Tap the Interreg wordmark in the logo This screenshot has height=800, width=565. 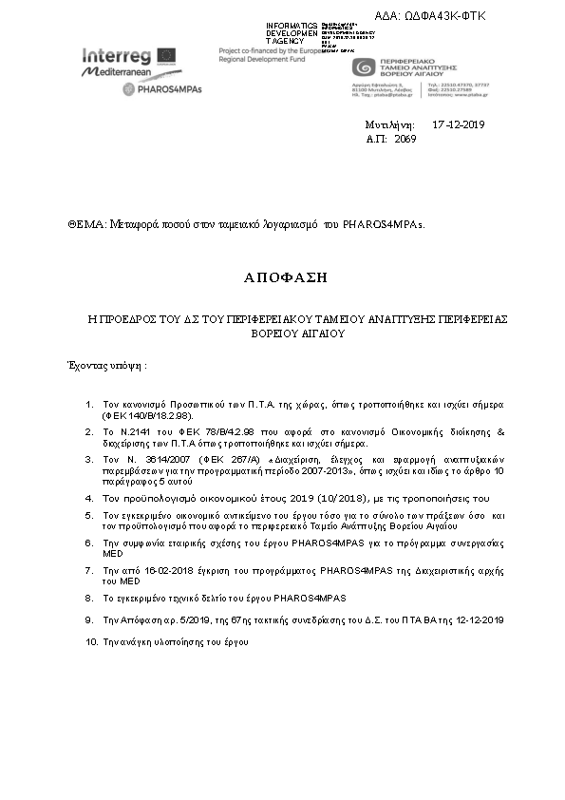[x=116, y=55]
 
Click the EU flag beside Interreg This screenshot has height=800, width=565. [x=166, y=55]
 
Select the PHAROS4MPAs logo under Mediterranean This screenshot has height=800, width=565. [x=158, y=89]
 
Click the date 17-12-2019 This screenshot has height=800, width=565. [x=458, y=124]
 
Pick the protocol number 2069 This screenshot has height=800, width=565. [x=405, y=139]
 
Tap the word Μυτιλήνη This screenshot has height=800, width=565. [x=390, y=124]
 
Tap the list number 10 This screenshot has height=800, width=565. [x=92, y=642]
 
